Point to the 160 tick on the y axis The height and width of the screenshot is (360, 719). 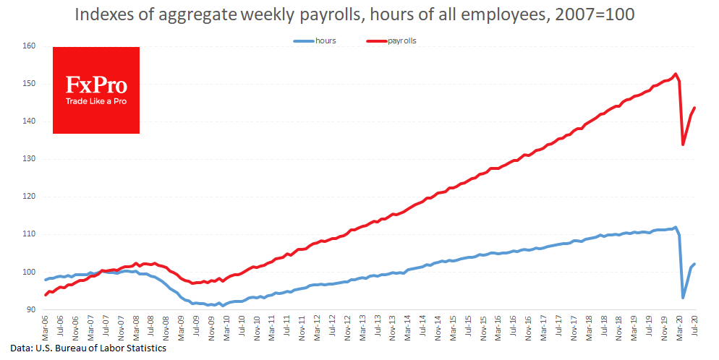(x=29, y=46)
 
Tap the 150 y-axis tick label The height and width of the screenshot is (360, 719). (x=29, y=84)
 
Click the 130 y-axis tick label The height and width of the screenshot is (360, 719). (x=29, y=159)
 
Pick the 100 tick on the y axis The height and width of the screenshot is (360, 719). (x=29, y=272)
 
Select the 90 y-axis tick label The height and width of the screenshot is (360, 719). (x=31, y=309)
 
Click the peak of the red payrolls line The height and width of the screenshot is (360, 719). (x=675, y=74)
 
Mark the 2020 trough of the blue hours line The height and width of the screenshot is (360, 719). (x=683, y=298)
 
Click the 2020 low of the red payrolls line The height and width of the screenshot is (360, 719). (x=683, y=145)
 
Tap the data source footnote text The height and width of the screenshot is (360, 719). (x=84, y=348)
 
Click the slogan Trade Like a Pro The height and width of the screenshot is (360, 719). (x=96, y=101)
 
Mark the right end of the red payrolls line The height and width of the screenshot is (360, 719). (x=694, y=108)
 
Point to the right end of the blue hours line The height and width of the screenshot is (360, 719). (x=694, y=264)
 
